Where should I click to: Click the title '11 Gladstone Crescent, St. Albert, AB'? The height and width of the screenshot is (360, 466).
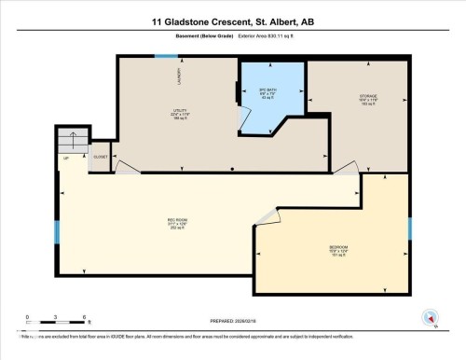point(233,21)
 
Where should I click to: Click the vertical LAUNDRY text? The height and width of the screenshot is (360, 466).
point(179,76)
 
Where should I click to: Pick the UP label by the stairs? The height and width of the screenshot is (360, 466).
point(66,159)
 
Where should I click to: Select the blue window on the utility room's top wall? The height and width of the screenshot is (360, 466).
point(166,56)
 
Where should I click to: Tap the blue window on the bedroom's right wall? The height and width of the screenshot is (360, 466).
point(410,228)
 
